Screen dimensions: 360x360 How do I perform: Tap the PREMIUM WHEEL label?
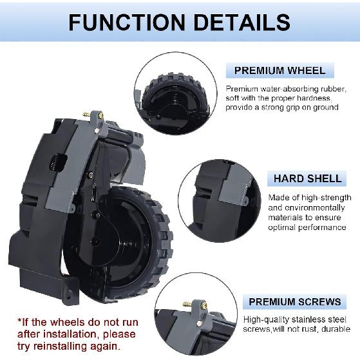click(x=279, y=71)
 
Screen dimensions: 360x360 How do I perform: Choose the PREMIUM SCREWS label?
click(x=295, y=301)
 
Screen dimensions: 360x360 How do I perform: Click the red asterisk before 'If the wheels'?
click(x=20, y=321)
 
